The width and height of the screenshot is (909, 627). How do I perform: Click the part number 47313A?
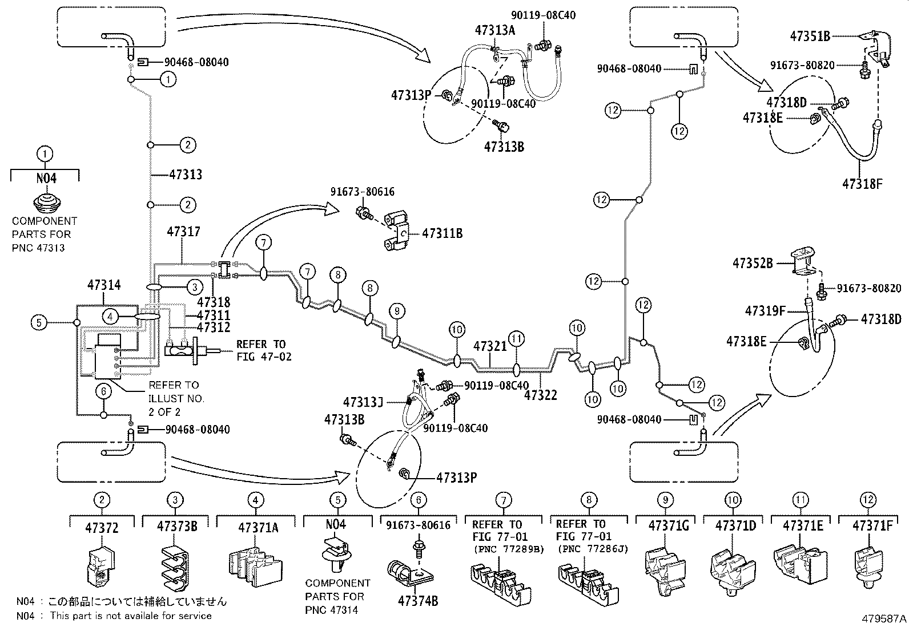[495, 30]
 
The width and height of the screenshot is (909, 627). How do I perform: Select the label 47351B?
[810, 37]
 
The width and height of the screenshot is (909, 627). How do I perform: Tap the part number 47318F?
[862, 184]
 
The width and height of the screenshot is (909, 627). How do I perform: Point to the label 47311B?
[443, 233]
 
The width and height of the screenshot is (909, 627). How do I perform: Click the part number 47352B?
[753, 263]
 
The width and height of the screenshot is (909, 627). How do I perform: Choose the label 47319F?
[765, 311]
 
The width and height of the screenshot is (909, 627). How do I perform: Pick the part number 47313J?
[363, 402]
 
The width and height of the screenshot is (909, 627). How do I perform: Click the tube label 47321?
[490, 346]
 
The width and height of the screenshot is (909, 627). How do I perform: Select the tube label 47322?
[541, 395]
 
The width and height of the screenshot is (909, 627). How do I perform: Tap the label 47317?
[183, 232]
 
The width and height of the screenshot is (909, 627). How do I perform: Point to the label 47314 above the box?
[104, 285]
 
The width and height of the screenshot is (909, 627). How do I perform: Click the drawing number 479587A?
[884, 618]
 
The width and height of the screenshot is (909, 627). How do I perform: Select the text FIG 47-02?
[264, 357]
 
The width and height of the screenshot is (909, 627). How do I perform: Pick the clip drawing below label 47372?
[101, 567]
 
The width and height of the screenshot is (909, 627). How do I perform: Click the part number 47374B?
[418, 601]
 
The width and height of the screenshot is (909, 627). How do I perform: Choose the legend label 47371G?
[669, 526]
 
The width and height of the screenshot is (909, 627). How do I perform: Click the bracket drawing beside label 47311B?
[396, 230]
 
